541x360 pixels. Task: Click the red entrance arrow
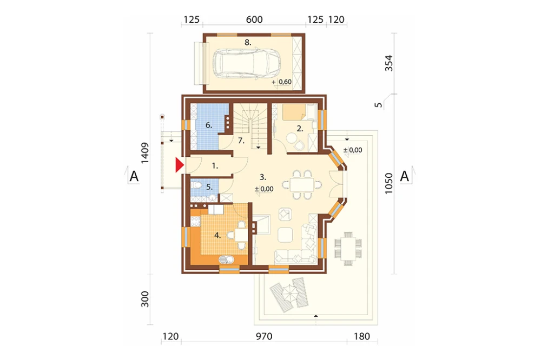pos(179,165)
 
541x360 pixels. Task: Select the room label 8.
pos(248,42)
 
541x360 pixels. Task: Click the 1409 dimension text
pos(145,153)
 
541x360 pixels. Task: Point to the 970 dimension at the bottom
pos(264,336)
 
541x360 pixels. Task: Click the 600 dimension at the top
pos(254,19)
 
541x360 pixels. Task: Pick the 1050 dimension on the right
pos(388,183)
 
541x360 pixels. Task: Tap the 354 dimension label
pos(388,63)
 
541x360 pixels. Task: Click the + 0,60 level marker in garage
pos(281,82)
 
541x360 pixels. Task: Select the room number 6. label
pos(209,125)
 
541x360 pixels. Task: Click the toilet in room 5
pos(197,185)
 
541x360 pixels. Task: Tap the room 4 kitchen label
pos(217,236)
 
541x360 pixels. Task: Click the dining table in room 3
pos(302,184)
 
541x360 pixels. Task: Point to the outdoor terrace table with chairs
pos(348,248)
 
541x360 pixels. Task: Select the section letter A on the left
pos(134,177)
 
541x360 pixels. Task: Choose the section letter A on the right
pos(404,176)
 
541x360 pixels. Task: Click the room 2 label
pos(300,129)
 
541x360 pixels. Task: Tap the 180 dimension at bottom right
pos(362,336)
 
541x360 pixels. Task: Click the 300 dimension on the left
pos(145,299)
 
